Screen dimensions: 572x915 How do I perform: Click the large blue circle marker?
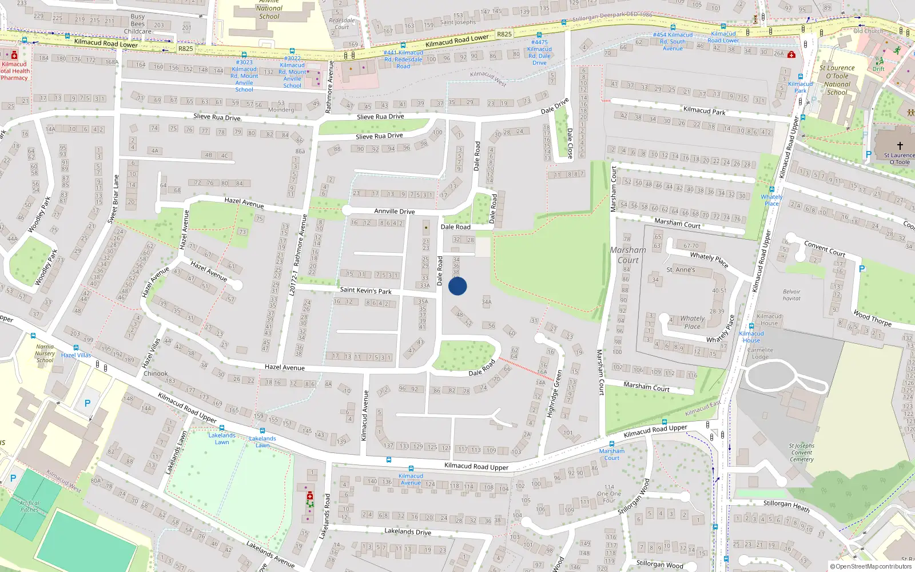457,286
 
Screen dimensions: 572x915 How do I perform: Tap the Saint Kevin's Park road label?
365,291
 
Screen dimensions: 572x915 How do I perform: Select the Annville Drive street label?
394,211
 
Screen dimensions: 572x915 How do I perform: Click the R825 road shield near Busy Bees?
185,49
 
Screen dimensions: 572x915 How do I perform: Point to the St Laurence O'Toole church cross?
900,146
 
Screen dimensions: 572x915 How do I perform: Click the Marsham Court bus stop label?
611,455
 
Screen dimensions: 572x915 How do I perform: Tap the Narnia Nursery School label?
45,353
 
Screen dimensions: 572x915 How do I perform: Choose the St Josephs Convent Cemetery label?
801,452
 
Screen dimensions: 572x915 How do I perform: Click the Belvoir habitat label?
791,295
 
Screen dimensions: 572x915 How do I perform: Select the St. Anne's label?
681,269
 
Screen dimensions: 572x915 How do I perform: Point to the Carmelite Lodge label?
760,353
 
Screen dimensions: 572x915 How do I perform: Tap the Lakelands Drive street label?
407,531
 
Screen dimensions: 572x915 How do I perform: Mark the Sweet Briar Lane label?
114,198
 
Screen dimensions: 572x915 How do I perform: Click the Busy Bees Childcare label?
137,24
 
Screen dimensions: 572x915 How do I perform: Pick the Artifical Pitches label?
29,506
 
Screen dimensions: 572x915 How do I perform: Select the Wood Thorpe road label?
872,318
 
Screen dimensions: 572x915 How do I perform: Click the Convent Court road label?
824,248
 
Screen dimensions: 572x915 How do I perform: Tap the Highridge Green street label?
554,394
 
